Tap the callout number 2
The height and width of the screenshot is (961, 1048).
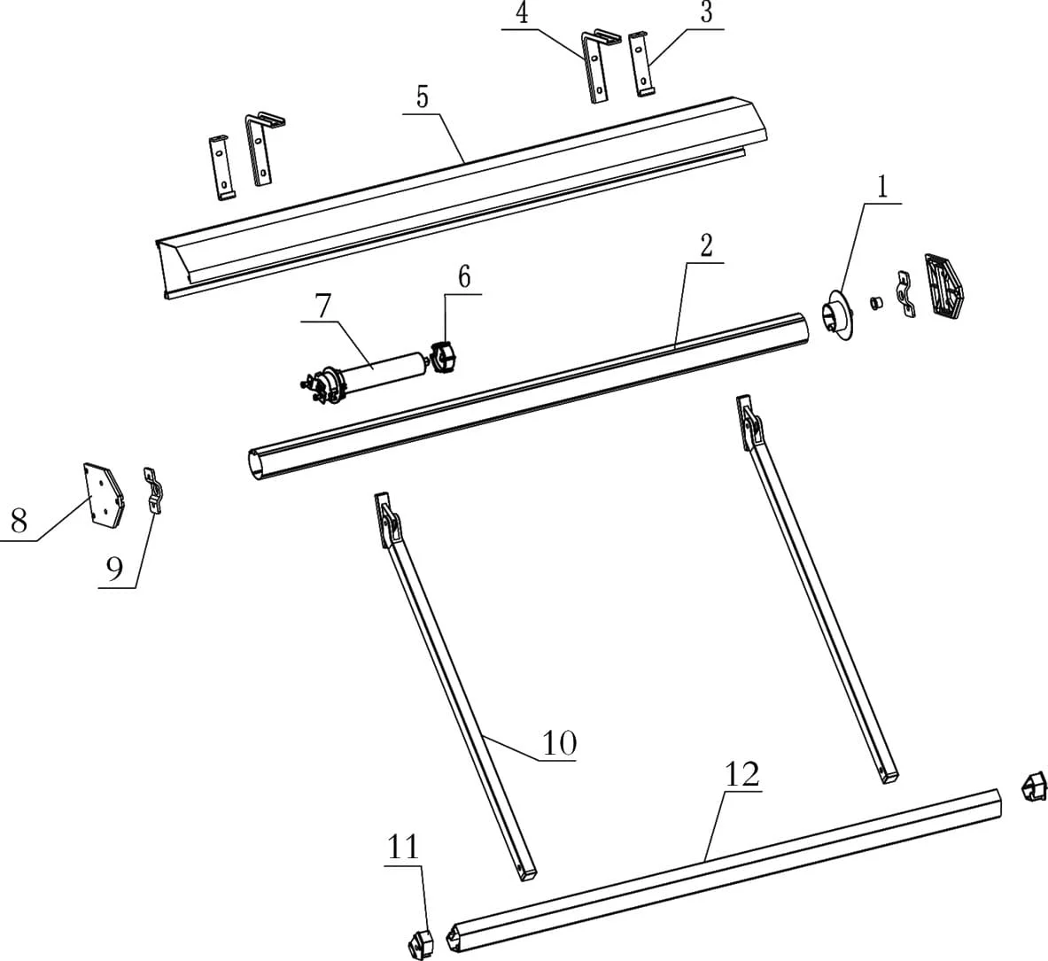(x=706, y=246)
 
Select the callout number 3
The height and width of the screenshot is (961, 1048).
(x=706, y=14)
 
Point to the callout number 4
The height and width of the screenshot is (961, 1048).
(x=523, y=14)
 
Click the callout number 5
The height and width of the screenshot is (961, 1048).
(x=422, y=97)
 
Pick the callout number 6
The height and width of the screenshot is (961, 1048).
(x=464, y=276)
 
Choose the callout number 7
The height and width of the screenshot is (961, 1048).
(x=322, y=306)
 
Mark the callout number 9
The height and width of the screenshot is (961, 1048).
(x=115, y=570)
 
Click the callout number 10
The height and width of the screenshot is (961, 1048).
(x=559, y=743)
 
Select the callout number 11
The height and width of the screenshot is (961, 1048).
(x=403, y=848)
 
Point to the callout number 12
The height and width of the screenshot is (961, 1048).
(x=741, y=774)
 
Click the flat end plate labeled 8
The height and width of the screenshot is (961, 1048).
(x=104, y=495)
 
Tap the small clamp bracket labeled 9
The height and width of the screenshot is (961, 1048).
(x=155, y=491)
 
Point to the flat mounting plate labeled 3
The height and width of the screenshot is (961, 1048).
(x=641, y=64)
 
